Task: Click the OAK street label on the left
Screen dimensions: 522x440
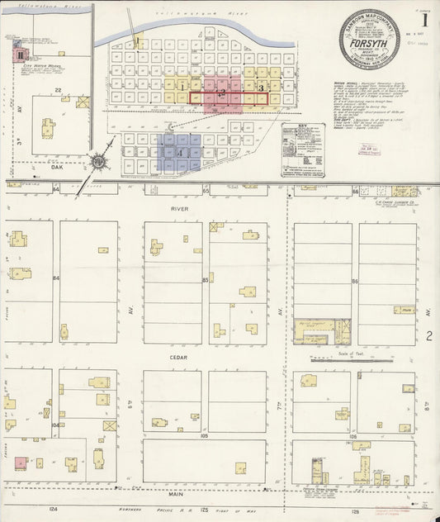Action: (57, 164)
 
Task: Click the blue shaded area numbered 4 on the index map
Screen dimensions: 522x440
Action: (178, 153)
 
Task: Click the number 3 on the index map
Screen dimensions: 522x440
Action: (261, 87)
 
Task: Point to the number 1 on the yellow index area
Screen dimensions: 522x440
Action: (180, 86)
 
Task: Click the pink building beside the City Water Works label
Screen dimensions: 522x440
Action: (18, 55)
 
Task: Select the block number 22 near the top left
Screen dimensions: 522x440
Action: (58, 88)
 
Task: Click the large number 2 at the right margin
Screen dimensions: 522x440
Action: (430, 335)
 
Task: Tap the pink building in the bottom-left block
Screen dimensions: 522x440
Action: (19, 462)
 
